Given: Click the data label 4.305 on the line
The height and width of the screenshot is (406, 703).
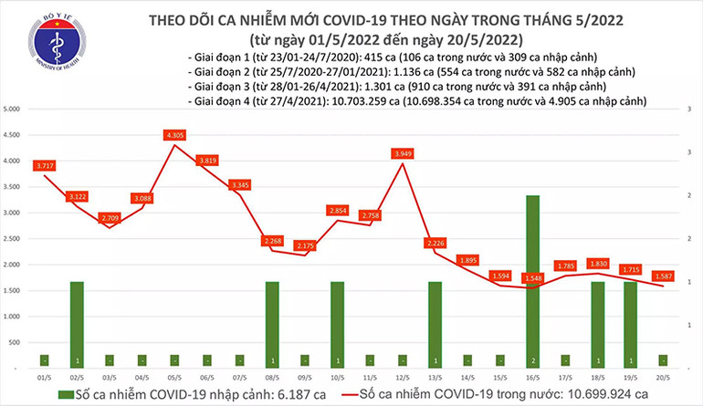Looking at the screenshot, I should click(175, 135).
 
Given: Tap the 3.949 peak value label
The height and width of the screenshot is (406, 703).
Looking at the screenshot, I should click(401, 153).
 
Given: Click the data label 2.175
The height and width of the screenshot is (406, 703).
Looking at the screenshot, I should click(305, 245).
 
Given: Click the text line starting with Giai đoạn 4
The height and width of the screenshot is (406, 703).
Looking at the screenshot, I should click(415, 104).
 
